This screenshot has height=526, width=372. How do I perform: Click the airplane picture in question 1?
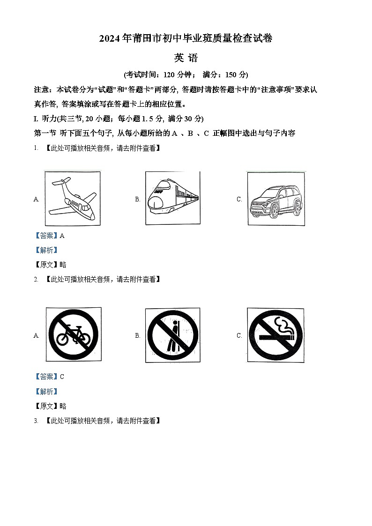(x=73, y=199)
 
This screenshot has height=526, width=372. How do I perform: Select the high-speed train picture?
(x=172, y=199)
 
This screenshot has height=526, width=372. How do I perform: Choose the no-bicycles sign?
(x=73, y=334)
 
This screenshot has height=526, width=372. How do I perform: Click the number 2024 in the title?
(x=110, y=39)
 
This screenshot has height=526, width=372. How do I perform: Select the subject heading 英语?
(x=186, y=58)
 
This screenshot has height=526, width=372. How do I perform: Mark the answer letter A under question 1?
(x=62, y=236)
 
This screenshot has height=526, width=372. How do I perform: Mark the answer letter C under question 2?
(x=62, y=377)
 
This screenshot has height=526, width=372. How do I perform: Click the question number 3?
(x=36, y=421)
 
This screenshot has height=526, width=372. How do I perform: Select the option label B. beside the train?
(x=138, y=200)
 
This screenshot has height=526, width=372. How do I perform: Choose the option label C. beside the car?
(x=239, y=200)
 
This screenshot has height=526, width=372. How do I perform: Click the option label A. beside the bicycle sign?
(x=36, y=335)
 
